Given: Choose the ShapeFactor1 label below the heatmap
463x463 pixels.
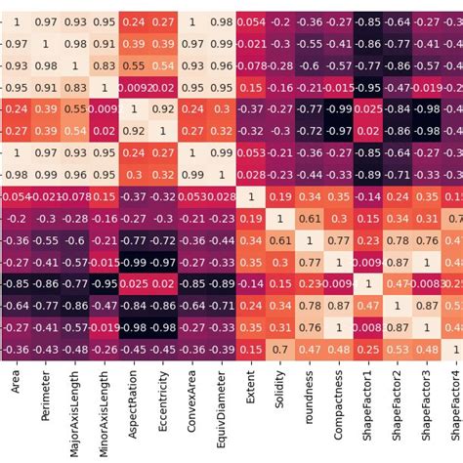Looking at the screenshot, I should tap(368, 411).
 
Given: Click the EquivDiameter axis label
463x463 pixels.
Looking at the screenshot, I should tap(222, 411).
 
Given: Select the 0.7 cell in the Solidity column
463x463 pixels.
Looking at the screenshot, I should tap(280, 350).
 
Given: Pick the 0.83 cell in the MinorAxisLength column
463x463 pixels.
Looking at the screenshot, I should tap(104, 66).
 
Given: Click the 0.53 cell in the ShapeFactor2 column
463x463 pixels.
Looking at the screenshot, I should tap(398, 350).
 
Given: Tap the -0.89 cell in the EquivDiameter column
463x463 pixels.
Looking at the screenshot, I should tap(222, 284).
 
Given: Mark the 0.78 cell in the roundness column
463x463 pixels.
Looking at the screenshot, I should tap(310, 306).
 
